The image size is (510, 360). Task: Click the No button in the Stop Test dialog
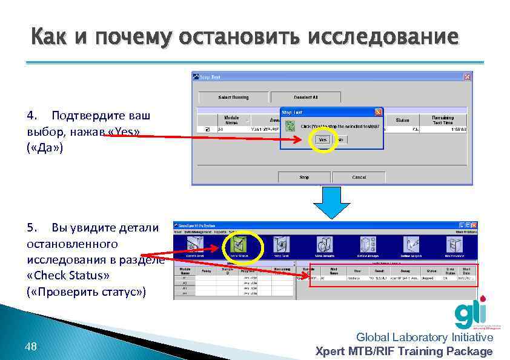[x=340, y=139]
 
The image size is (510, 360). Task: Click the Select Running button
[x=233, y=97]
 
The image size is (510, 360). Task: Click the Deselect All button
[x=305, y=97]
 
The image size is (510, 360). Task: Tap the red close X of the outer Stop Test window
[x=467, y=77]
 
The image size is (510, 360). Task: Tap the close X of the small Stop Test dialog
[x=378, y=112]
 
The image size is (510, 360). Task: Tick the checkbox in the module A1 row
[x=207, y=129]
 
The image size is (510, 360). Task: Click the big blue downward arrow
[x=331, y=202]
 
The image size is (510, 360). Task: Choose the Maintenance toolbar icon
[x=454, y=245]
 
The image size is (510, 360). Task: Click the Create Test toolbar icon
[x=195, y=245]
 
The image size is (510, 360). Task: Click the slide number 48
[x=30, y=347]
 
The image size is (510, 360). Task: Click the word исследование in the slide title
[x=383, y=37]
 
